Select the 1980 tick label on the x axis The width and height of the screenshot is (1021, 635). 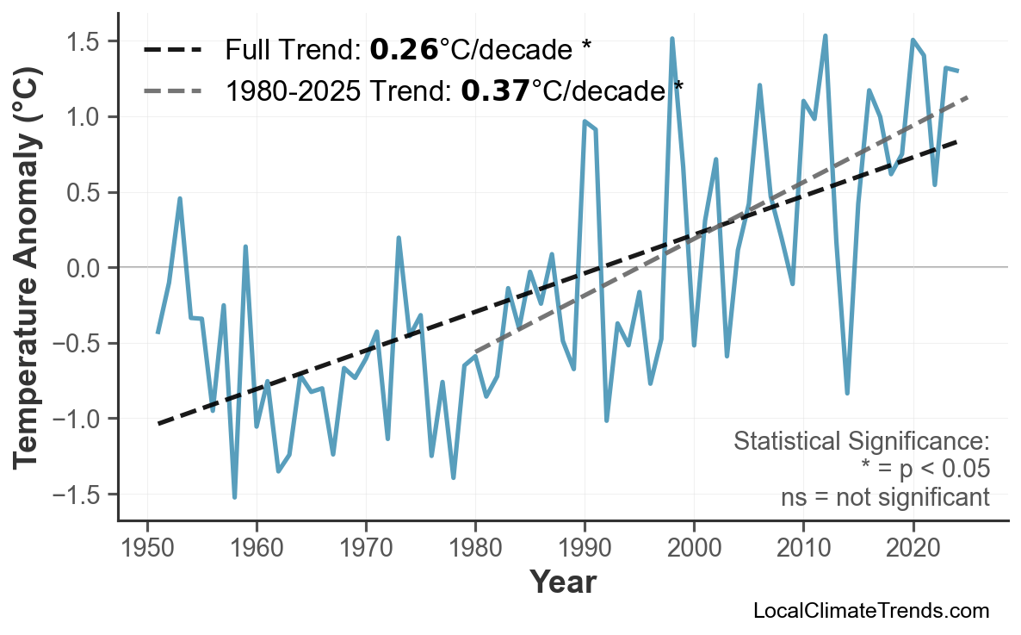coord(475,548)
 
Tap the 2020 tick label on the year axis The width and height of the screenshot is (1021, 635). coord(913,548)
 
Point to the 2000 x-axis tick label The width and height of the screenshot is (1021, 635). coord(694,548)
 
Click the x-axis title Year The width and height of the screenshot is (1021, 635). coord(562,582)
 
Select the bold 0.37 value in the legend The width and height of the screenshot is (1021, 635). coord(495,89)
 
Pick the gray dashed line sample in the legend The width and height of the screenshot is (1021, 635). coord(172,89)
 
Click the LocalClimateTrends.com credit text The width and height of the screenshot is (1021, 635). coord(871,611)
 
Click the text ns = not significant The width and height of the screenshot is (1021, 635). coord(885,497)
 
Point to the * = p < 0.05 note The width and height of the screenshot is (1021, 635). coord(925,470)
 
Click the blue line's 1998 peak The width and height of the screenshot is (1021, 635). coord(672,39)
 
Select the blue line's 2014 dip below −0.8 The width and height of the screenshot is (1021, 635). coord(847,393)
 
